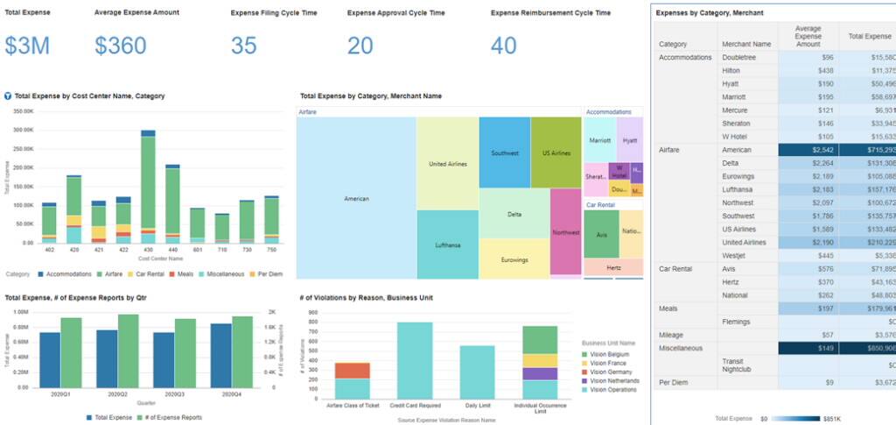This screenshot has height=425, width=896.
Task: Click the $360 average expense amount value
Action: (x=120, y=46)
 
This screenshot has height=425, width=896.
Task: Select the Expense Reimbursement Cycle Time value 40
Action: (x=504, y=46)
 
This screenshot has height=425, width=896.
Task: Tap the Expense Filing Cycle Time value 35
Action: (x=244, y=46)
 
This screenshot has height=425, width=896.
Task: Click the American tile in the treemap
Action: (x=356, y=199)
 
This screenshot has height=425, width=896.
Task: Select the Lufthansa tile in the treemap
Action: (x=447, y=244)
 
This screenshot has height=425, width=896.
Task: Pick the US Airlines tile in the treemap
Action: (x=556, y=152)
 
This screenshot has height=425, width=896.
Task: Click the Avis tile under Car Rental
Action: (x=600, y=234)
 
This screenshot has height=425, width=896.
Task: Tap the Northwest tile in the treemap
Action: (x=566, y=232)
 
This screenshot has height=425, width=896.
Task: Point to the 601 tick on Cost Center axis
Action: (x=198, y=250)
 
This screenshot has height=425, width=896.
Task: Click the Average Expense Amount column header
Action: (x=808, y=36)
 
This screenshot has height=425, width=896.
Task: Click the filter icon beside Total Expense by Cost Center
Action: (x=8, y=96)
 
